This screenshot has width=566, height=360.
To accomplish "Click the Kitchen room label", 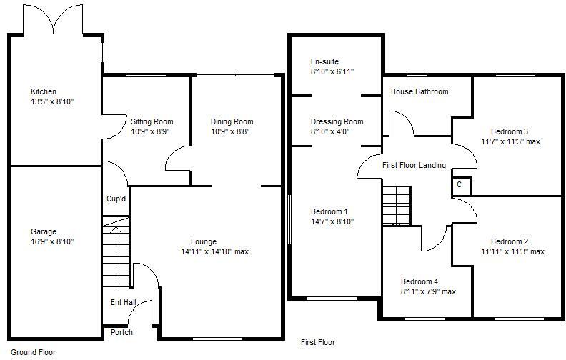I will (43, 91).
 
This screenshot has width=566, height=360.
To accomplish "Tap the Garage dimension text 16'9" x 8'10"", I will (51, 242).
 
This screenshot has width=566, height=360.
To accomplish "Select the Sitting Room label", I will (152, 121).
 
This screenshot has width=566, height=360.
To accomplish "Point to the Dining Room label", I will (232, 121).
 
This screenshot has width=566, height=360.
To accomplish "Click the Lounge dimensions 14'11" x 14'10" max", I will (214, 251).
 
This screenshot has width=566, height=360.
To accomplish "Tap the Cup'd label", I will (116, 199).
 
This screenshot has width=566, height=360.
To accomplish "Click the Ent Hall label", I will (123, 302).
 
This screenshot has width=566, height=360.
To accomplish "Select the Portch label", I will (121, 332).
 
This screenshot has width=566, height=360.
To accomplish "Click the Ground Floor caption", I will (33, 352).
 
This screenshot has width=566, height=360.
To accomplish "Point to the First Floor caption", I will (317, 342).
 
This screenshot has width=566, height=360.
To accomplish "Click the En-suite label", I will (324, 61).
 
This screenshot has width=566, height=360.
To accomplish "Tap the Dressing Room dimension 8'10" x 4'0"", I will (332, 131).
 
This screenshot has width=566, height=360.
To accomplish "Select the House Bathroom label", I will (419, 91).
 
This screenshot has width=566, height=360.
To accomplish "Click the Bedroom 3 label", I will (510, 131).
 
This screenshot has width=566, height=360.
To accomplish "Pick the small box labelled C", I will (460, 185).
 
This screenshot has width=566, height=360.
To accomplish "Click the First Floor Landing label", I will (414, 165).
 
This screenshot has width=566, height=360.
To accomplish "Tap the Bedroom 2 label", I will (510, 241).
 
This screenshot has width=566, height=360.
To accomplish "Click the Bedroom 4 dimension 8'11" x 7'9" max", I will (427, 291).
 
